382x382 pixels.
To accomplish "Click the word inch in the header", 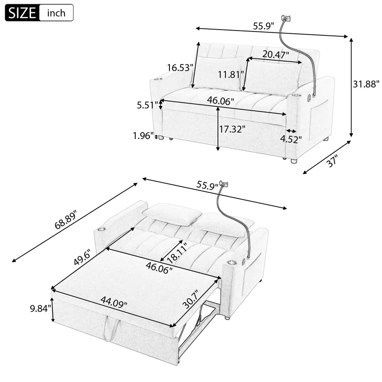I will click(56, 13).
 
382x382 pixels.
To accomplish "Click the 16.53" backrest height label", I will click(180, 67).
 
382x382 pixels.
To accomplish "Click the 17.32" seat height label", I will click(232, 128).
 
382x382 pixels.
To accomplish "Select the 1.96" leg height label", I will click(143, 136).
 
